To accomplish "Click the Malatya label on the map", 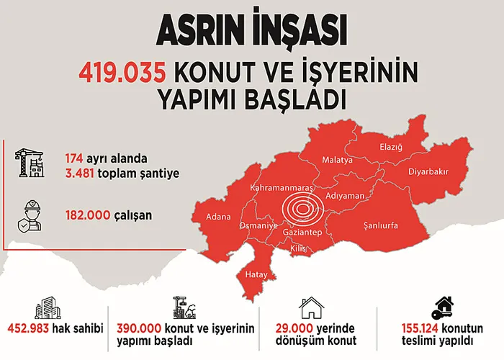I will click(337, 159).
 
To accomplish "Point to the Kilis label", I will click(297, 248).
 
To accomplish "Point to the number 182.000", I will click(85, 215).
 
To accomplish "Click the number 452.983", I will click(30, 329).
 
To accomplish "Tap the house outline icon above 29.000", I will click(312, 307).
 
